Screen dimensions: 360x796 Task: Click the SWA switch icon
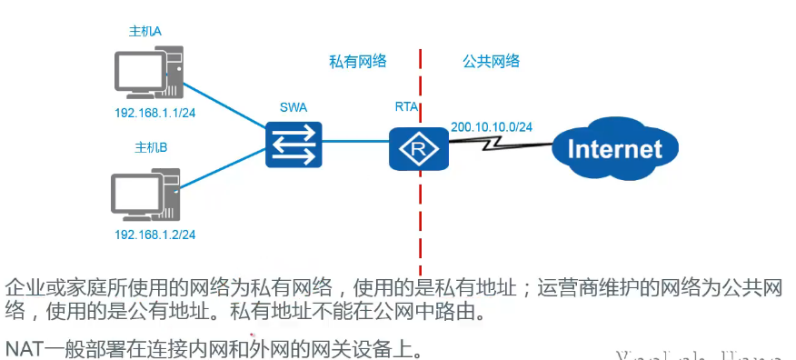(x=294, y=143)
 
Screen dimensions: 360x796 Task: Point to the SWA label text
(x=294, y=107)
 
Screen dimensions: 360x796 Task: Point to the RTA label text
(x=406, y=107)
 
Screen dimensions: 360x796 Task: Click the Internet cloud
(x=614, y=148)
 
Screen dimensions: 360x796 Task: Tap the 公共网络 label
(x=491, y=61)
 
